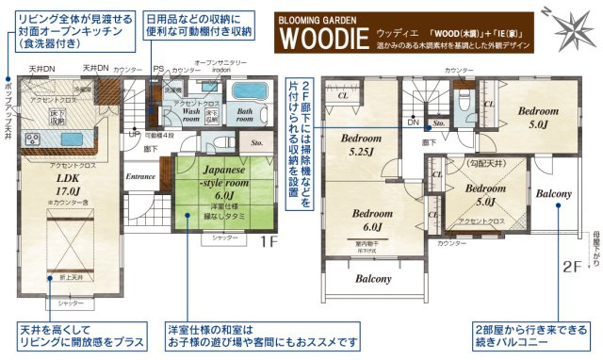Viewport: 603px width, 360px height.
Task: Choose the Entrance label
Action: point(140,176)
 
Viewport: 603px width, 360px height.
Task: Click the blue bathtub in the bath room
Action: point(242,99)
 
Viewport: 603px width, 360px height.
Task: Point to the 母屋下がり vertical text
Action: point(595,249)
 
